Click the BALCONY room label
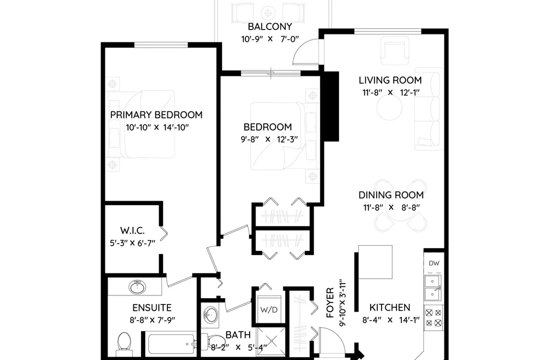click(x=270, y=27)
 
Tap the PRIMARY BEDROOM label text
click(x=157, y=115)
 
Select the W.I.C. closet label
click(x=132, y=230)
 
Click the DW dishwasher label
click(x=434, y=263)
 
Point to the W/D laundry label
click(x=270, y=310)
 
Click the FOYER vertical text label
click(x=330, y=302)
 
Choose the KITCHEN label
click(x=390, y=307)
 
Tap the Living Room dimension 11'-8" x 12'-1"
click(x=391, y=93)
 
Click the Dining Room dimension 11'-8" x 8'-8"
click(x=391, y=208)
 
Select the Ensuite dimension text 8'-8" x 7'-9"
click(x=152, y=320)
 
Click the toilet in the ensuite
click(x=123, y=342)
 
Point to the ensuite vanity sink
click(x=137, y=287)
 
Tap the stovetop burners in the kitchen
click(x=434, y=318)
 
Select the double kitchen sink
click(x=433, y=288)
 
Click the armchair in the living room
click(x=395, y=51)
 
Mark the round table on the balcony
click(x=268, y=13)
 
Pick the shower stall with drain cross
click(x=271, y=342)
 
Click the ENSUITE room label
click(x=152, y=308)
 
